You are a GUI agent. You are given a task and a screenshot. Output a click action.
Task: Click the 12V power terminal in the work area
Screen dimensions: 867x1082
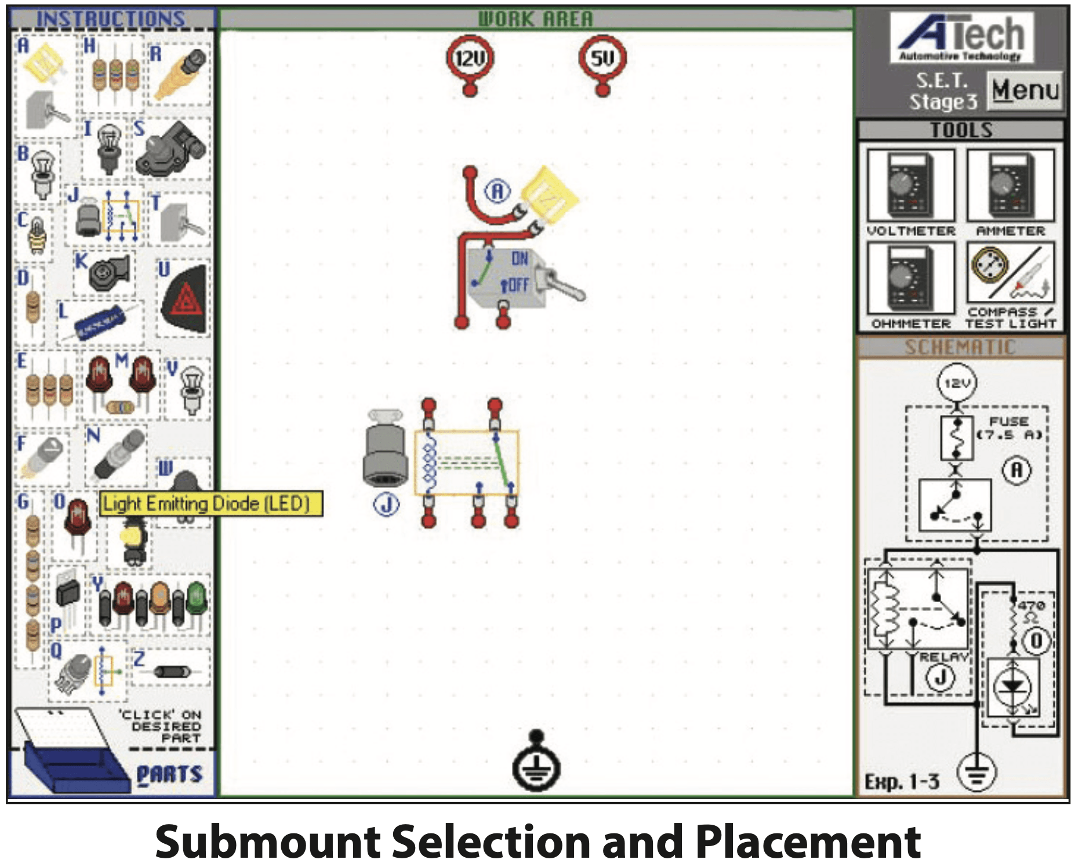[x=470, y=59]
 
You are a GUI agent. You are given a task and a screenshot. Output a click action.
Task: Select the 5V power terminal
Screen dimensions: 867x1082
[x=602, y=59]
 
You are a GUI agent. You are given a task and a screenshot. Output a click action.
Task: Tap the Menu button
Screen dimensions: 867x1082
[x=1025, y=90]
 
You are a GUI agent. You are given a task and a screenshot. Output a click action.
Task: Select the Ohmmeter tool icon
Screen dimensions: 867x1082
[x=910, y=279]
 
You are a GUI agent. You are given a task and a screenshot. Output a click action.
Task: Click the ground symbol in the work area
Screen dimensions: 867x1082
[x=536, y=765]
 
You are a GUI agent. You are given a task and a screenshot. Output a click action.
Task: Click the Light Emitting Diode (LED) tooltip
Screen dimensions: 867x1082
[x=211, y=504]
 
